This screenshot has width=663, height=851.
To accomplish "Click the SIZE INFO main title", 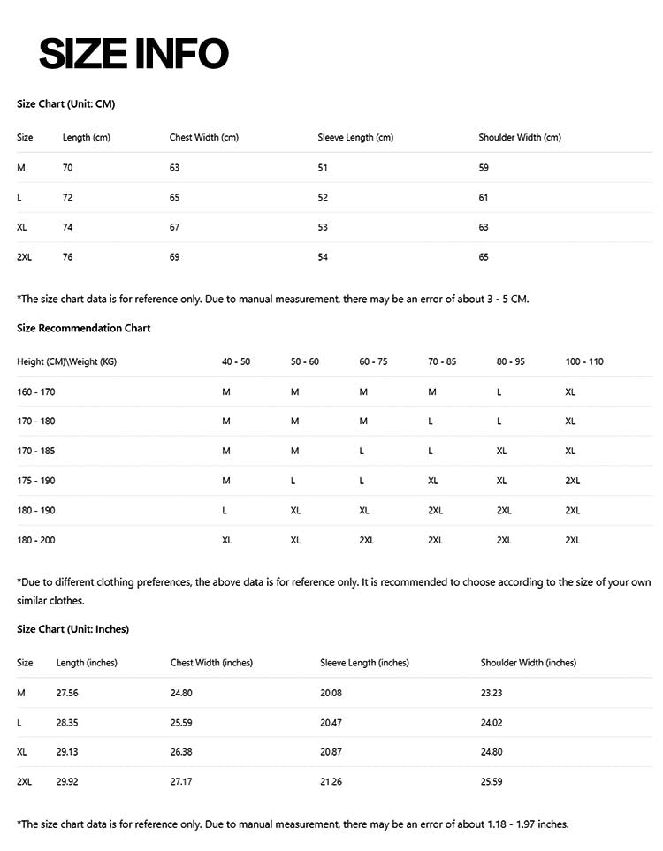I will coord(133,54).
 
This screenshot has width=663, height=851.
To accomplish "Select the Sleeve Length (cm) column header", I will coord(355,138).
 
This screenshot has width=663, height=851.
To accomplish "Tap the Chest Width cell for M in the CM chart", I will coord(174,168).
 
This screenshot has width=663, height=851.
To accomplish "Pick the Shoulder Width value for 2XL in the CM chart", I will coord(484,257).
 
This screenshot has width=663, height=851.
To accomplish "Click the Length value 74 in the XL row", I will coord(67,227).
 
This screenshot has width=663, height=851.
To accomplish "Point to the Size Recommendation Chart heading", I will coord(84,328).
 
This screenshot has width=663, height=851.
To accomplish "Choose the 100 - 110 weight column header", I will coord(584,361).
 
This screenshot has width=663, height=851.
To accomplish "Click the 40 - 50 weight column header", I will coord(236,361).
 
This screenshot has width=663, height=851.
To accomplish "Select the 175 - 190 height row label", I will coord(36,481).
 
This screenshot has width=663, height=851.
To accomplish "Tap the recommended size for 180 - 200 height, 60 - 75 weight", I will coord(367,540).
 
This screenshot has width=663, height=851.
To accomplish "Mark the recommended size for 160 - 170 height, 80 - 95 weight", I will coord(499,391).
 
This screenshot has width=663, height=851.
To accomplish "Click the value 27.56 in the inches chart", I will coord(67,693).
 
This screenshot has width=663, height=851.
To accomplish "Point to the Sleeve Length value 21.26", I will coord(331,782).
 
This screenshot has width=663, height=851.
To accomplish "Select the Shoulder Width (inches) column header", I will coord(528,663).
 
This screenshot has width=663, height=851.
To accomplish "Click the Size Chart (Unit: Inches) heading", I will coord(72,629).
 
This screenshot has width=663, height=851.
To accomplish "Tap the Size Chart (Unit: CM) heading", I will coord(66,104).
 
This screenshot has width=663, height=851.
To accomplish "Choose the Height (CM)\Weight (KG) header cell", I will coord(66,361).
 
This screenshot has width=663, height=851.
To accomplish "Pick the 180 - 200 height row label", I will coord(36,540).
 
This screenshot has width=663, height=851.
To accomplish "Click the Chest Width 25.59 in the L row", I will coord(182,723).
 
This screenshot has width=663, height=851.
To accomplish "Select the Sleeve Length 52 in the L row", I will coord(323,198).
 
